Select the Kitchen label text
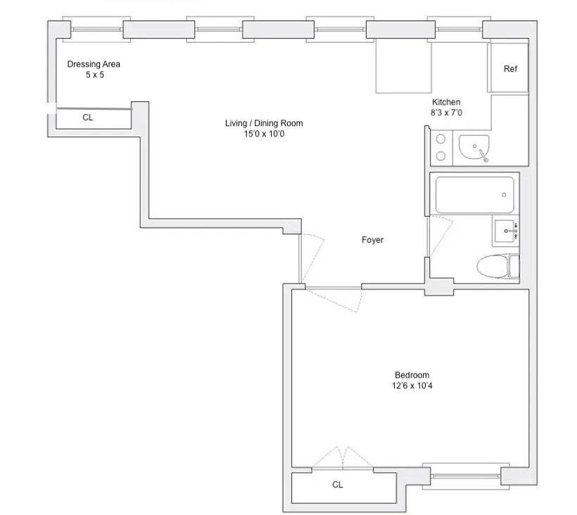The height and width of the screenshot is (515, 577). click(446, 102)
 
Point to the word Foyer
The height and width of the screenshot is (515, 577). click(372, 241)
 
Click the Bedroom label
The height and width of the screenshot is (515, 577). click(412, 375)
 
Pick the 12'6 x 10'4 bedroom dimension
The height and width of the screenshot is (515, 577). click(412, 386)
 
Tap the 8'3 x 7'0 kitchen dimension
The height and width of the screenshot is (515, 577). click(446, 112)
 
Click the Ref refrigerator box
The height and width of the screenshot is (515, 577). click(509, 68)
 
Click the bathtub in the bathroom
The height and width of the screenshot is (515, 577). click(474, 195)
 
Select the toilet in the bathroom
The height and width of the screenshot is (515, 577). click(496, 268)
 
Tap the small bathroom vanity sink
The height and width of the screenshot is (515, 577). click(505, 229)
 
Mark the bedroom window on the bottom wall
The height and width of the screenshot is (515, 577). click(465, 475)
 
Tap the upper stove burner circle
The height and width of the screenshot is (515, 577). click(441, 139)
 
